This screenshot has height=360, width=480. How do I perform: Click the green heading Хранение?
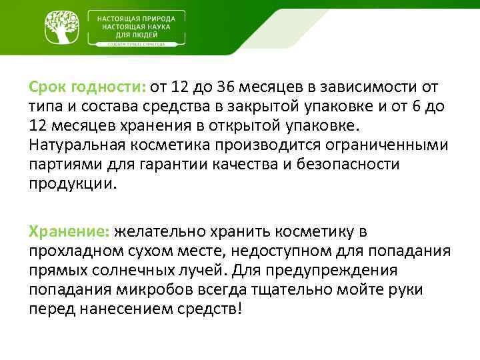[69, 231]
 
